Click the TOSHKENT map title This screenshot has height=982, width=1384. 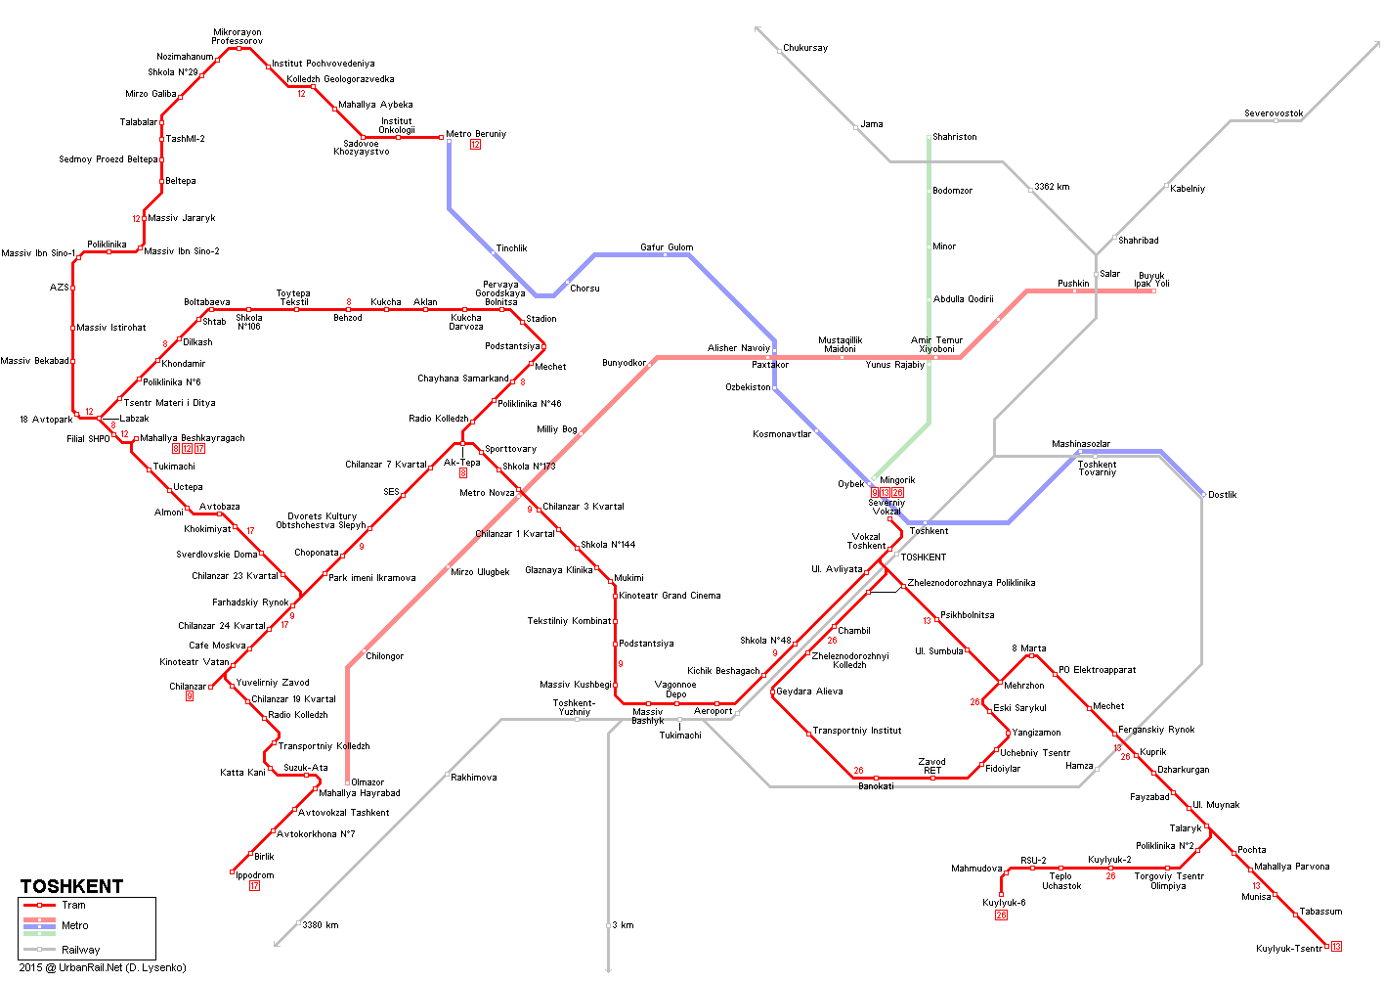coord(71,887)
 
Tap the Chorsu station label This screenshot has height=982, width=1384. coord(584,289)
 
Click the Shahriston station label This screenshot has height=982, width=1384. coord(955,137)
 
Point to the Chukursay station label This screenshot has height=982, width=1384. coord(805,48)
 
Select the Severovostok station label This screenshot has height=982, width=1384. coord(1274,113)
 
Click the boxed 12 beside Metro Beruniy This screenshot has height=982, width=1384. coord(475,145)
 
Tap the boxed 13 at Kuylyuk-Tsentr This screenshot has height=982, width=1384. coord(1336,946)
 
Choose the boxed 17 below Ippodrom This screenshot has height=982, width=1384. coord(254,885)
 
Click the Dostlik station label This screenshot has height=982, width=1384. coord(1222,495)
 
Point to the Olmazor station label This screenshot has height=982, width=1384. coord(368,782)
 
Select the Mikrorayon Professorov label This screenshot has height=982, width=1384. coord(238,36)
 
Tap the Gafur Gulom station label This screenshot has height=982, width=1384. coord(667,247)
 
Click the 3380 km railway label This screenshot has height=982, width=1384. coord(320,925)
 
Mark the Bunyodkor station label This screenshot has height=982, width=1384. coord(624,362)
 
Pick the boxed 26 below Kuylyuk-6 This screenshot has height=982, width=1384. coord(1002,915)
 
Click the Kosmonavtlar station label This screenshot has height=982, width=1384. coord(782,434)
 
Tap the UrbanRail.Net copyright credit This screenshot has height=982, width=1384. coord(103,967)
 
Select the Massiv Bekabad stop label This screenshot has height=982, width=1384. coord(34,361)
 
